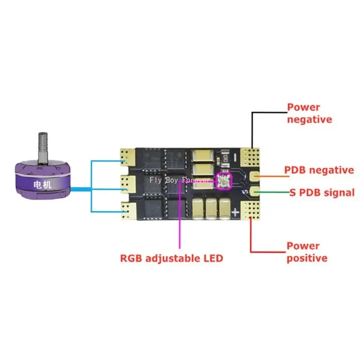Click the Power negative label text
click(x=310, y=113)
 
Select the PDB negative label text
click(x=319, y=171)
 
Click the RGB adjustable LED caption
click(x=171, y=258)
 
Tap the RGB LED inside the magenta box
click(x=224, y=180)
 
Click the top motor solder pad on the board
click(x=128, y=157)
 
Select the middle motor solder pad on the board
click(x=128, y=183)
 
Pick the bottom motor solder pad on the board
click(x=128, y=208)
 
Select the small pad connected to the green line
click(x=255, y=192)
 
